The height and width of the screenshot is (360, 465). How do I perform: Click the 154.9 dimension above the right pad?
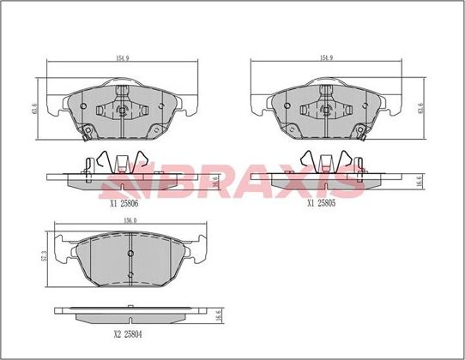tap(326, 58)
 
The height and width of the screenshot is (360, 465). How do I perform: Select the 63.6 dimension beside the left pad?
tap(34, 109)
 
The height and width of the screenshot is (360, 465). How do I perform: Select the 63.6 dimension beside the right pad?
tap(420, 109)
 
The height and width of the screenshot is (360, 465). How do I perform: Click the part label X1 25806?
tap(124, 204)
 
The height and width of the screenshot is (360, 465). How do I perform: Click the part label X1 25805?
tap(323, 204)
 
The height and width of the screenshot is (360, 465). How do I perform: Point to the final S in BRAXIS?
tap(351, 180)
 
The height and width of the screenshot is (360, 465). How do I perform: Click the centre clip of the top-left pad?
tap(122, 110)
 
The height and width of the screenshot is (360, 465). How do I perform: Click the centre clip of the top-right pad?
tap(326, 110)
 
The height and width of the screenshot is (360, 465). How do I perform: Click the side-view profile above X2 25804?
tap(129, 313)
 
